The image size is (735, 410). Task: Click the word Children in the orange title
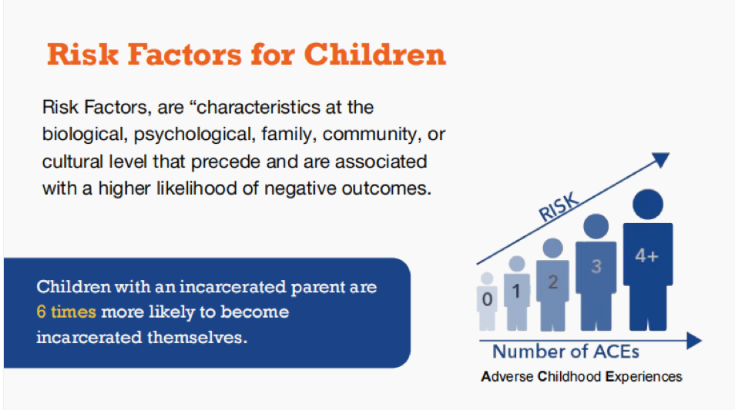(375, 55)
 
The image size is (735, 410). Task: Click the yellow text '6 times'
(66, 312)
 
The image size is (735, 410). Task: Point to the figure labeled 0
(487, 302)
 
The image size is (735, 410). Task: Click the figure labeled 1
(516, 293)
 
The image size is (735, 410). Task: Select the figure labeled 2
(552, 285)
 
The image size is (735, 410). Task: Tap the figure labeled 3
(596, 272)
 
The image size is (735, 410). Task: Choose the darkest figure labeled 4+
(648, 260)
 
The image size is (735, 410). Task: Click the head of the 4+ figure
(648, 205)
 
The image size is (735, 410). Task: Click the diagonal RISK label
(559, 207)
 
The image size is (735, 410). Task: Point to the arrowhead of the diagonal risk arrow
(661, 159)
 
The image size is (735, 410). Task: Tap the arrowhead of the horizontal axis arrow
(694, 341)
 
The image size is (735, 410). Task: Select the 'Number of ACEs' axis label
(566, 352)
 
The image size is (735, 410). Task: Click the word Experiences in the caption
(643, 377)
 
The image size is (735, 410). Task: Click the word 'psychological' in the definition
(193, 135)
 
